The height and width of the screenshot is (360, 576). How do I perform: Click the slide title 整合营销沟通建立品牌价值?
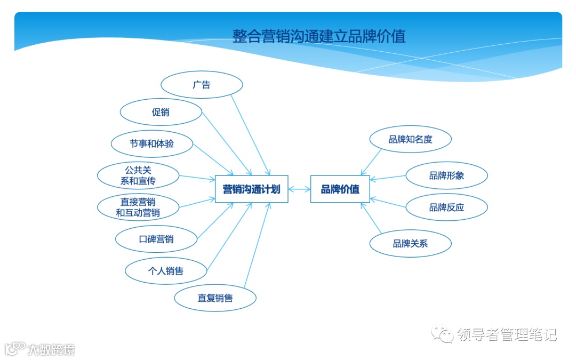(x=319, y=36)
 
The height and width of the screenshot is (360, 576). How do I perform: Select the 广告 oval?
(x=202, y=85)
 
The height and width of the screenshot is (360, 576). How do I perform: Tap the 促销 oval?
(x=161, y=113)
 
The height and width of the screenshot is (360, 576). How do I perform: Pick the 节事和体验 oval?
(x=151, y=143)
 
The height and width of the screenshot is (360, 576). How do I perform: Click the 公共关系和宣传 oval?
(x=138, y=175)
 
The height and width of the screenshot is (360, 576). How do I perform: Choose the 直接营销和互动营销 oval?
(x=138, y=207)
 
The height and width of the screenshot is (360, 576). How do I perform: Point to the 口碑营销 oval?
(x=156, y=239)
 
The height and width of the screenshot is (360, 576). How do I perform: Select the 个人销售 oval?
(x=165, y=271)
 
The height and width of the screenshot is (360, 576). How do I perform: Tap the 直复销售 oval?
(x=215, y=298)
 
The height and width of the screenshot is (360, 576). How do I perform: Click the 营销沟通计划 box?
(x=251, y=189)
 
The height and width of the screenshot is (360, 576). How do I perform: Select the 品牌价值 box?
(x=340, y=189)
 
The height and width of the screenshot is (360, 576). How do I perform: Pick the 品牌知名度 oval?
(x=410, y=140)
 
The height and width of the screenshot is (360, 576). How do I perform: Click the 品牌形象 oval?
(x=446, y=175)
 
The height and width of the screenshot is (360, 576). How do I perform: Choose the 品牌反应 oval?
(x=446, y=207)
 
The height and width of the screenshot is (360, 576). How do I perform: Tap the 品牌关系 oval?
(x=410, y=244)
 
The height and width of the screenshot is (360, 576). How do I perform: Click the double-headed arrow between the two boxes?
(x=299, y=189)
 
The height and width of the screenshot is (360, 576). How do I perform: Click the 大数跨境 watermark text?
(x=51, y=349)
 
